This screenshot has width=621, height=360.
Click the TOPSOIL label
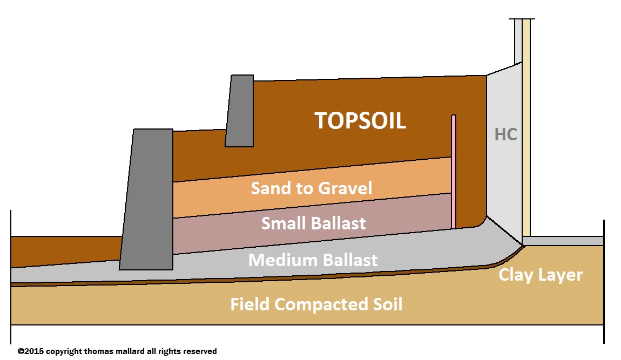pyautogui.click(x=360, y=121)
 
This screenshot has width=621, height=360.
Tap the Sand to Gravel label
pyautogui.click(x=312, y=188)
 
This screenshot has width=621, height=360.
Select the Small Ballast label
pyautogui.click(x=313, y=223)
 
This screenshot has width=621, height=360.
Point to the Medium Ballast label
pyautogui.click(x=313, y=260)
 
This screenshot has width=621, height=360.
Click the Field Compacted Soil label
pyautogui.click(x=316, y=304)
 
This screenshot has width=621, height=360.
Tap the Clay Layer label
pyautogui.click(x=540, y=275)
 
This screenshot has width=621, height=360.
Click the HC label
pyautogui.click(x=506, y=134)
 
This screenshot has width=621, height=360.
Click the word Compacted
pyautogui.click(x=323, y=305)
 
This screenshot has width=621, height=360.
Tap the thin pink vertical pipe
pyautogui.click(x=454, y=172)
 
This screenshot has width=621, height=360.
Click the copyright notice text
pyautogui.click(x=117, y=351)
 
